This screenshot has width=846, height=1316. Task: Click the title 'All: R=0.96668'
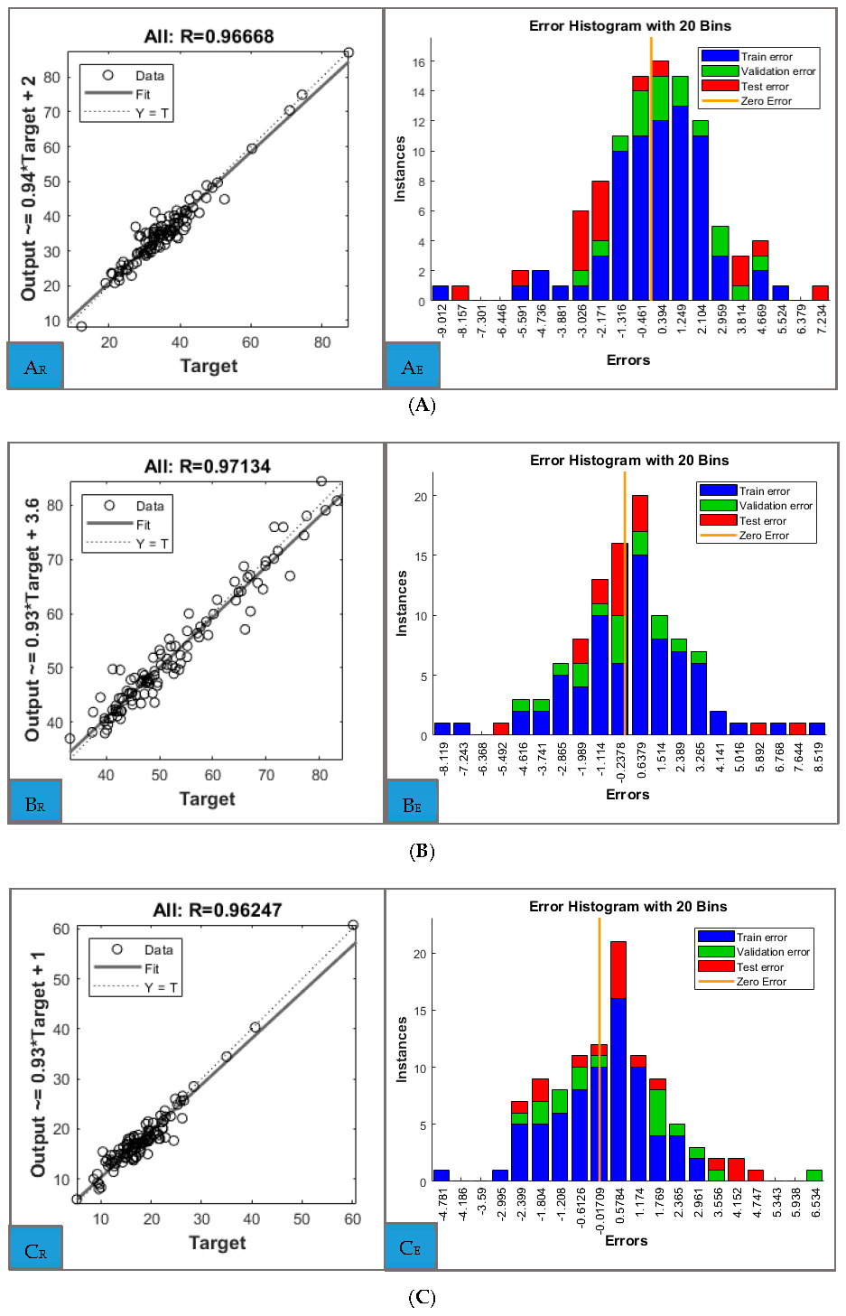[x=209, y=36]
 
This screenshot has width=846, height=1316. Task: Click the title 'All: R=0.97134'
[x=208, y=466]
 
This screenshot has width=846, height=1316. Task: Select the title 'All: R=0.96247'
[x=218, y=910]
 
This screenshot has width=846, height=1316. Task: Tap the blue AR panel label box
[x=35, y=366]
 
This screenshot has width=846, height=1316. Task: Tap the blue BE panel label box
[x=413, y=804]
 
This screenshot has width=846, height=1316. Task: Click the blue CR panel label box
[x=36, y=1250]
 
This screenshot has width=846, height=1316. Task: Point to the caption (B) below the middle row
[x=422, y=851]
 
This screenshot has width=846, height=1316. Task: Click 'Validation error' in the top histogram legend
[x=777, y=71]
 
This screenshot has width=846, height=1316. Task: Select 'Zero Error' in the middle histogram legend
[x=764, y=536]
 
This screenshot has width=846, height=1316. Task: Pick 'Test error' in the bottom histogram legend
[x=759, y=967]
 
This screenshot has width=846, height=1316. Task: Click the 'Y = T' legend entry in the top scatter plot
[x=152, y=113]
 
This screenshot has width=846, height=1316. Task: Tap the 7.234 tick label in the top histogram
[x=821, y=320]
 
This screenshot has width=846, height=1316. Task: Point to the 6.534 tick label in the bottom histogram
[x=815, y=1204]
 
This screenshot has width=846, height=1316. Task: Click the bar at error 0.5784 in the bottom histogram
[x=618, y=1061]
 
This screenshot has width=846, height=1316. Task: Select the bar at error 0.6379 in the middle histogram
[x=640, y=614]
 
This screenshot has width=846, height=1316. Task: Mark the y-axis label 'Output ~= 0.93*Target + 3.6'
[x=33, y=620]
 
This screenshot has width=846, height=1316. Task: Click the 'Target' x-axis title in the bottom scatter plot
[x=217, y=1243]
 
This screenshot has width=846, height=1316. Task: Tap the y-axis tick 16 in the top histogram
[x=419, y=62]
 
